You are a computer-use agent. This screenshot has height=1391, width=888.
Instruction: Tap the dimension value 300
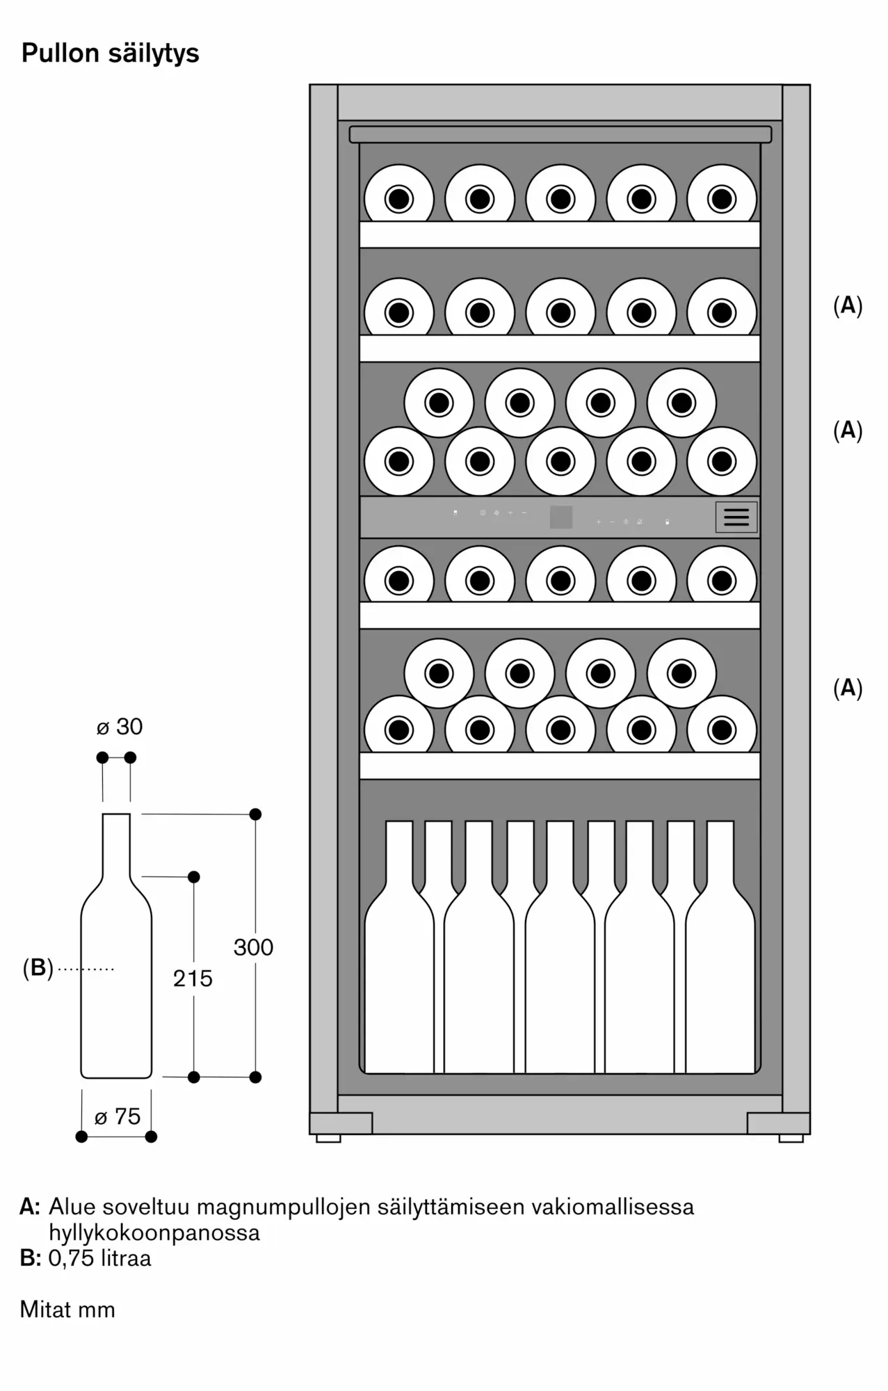coord(253,947)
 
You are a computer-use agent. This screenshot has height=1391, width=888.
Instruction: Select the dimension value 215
coord(193,979)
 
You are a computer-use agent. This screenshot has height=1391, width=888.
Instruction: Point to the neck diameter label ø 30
coord(119,727)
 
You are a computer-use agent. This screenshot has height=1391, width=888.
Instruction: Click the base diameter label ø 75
coord(118,1117)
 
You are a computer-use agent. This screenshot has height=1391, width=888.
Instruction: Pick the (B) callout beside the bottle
coord(38,968)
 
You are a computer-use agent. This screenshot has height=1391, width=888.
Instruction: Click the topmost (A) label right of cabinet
coord(848,305)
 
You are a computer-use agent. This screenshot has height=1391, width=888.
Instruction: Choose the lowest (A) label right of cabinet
coord(848,688)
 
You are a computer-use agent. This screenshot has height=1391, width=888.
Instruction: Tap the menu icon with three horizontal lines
coord(736,517)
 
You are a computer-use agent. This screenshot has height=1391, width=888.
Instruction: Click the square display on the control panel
coord(561,517)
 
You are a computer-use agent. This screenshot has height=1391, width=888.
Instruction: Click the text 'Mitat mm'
coord(67,1310)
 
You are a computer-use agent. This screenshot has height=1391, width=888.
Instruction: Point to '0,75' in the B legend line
coord(70,1258)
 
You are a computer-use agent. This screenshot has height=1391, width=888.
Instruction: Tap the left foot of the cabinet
coord(328,1139)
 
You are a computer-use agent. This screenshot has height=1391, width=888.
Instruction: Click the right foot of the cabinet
coord(791,1139)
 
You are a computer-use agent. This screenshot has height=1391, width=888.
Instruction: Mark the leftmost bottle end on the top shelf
coord(399,200)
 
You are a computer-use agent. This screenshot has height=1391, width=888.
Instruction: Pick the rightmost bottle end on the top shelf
coord(722,200)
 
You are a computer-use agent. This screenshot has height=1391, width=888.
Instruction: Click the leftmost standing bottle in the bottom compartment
coord(399,974)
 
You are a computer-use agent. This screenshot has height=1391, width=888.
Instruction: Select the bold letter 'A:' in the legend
coord(30,1207)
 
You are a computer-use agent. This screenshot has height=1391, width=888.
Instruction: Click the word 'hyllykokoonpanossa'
coord(154,1232)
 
